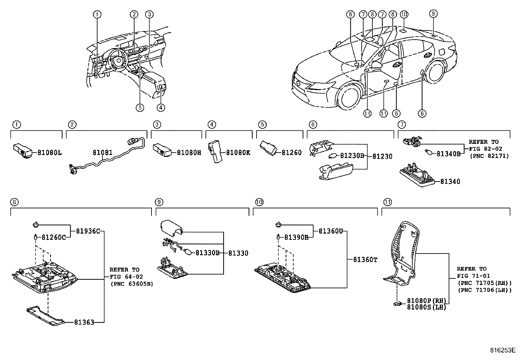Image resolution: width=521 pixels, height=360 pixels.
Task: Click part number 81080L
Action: tap(49, 152)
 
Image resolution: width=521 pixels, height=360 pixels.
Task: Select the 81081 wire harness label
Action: tap(102, 153)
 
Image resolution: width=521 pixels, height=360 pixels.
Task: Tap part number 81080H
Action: tap(189, 152)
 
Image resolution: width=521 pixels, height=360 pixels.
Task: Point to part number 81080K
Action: tap(238, 153)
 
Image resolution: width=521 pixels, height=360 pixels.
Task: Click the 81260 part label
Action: tap(291, 153)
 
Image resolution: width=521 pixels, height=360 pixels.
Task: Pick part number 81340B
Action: tap(448, 153)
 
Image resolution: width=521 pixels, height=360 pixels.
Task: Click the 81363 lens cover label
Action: tap(84, 322)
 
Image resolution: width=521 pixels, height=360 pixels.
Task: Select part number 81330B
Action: tap(207, 253)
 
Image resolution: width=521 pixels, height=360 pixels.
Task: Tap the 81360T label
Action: tap(365, 260)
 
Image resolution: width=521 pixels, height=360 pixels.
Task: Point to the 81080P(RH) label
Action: tap(426, 301)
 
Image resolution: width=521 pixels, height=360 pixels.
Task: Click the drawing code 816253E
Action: tap(503, 350)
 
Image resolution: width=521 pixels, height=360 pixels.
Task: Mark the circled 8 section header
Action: tap(14, 202)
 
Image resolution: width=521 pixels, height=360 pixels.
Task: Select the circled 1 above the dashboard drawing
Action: tap(97, 14)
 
